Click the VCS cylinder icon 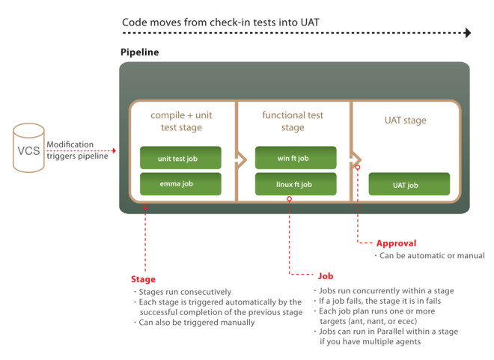pos(27,149)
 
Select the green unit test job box pos(180,158)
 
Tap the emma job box pos(180,183)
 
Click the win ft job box pos(295,158)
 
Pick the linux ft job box pos(295,183)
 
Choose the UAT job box pos(409,184)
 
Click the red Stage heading pos(143,279)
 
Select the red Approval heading pos(396,243)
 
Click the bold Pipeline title pos(139,52)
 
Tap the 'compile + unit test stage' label pos(180,121)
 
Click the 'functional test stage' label pos(293,121)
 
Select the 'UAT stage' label pos(405,120)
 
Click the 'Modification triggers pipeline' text pos(77,150)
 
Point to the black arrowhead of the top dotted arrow pos(468,33)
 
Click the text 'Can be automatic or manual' pos(431,256)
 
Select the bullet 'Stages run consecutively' pos(184,292)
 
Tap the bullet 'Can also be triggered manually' pos(196,323)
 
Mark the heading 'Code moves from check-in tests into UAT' pos(220,22)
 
